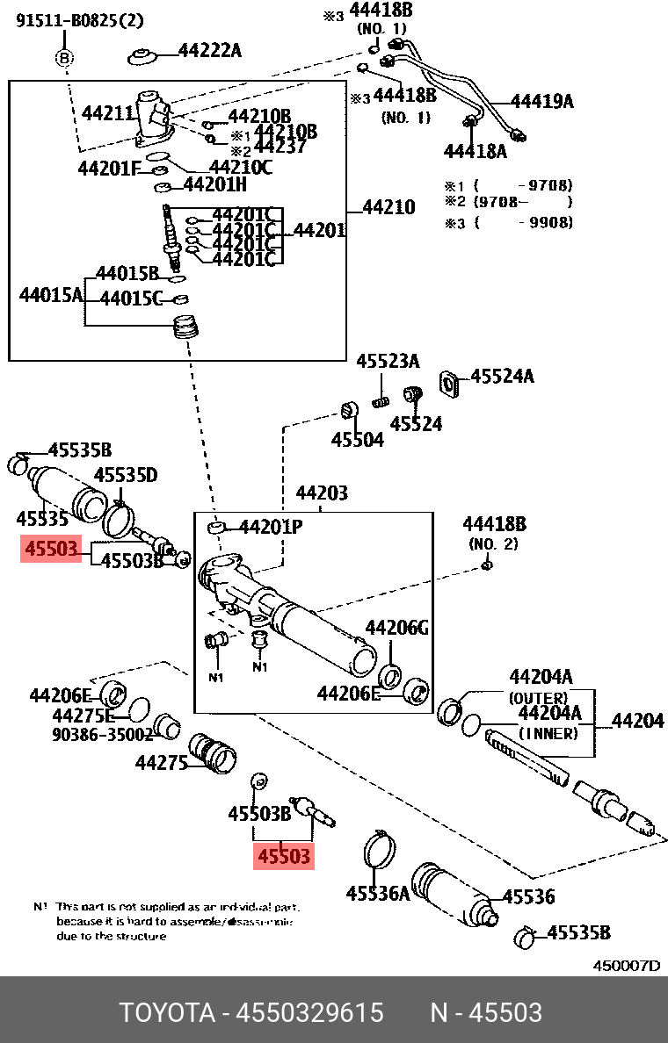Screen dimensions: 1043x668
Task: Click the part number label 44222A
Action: tap(209, 50)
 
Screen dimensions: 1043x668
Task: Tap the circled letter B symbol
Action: tap(65, 59)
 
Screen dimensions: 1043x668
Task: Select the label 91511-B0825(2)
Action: tap(79, 20)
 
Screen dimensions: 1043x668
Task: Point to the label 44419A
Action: tap(541, 101)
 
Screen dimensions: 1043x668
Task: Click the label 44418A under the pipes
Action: tap(475, 151)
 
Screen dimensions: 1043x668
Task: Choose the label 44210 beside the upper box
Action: tap(388, 208)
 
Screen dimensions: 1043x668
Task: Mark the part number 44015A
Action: tap(50, 294)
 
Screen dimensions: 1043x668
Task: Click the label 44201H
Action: tap(214, 184)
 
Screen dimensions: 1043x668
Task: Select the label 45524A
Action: tap(502, 377)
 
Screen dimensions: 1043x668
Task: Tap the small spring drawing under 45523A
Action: tap(381, 402)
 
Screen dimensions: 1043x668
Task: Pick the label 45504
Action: tap(357, 440)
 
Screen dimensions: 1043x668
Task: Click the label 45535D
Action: tap(126, 475)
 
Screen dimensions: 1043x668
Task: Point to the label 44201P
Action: tap(271, 527)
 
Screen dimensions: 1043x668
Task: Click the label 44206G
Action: tap(396, 628)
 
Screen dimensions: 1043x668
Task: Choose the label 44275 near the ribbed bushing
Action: tap(161, 763)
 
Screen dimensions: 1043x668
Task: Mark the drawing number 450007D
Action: tap(626, 966)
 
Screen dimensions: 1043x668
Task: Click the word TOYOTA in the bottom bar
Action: tap(167, 1012)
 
